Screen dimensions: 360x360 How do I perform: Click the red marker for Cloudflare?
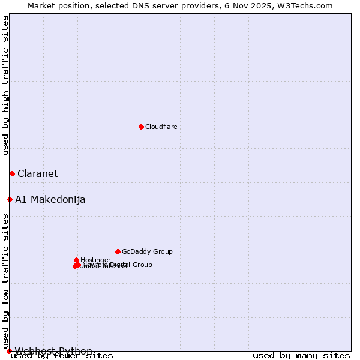pyautogui.click(x=141, y=127)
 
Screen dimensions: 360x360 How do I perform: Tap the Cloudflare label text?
pyautogui.click(x=161, y=127)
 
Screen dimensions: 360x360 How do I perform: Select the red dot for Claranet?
pyautogui.click(x=12, y=173)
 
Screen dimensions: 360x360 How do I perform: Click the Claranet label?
pyautogui.click(x=37, y=173)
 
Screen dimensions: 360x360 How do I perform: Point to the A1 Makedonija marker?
pyautogui.click(x=10, y=199)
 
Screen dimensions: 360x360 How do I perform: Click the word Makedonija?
pyautogui.click(x=58, y=199)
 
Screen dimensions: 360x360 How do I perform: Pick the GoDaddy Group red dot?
pyautogui.click(x=118, y=251)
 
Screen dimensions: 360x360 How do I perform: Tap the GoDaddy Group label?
pyautogui.click(x=147, y=251)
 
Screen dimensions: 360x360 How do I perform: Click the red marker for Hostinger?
pyautogui.click(x=77, y=260)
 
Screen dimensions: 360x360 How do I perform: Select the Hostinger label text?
pyautogui.click(x=95, y=260)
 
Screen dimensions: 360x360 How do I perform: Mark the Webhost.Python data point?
pyautogui.click(x=9, y=351)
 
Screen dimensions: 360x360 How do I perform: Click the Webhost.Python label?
pyautogui.click(x=53, y=351)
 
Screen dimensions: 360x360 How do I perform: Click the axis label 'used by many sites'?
pyautogui.click(x=301, y=356)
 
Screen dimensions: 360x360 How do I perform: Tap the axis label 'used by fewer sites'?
pyautogui.click(x=62, y=356)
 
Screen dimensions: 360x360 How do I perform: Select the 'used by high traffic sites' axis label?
pyautogui.click(x=5, y=85)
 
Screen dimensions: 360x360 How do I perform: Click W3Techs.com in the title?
pyautogui.click(x=308, y=5)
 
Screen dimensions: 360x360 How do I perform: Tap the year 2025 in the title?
pyautogui.click(x=266, y=5)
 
